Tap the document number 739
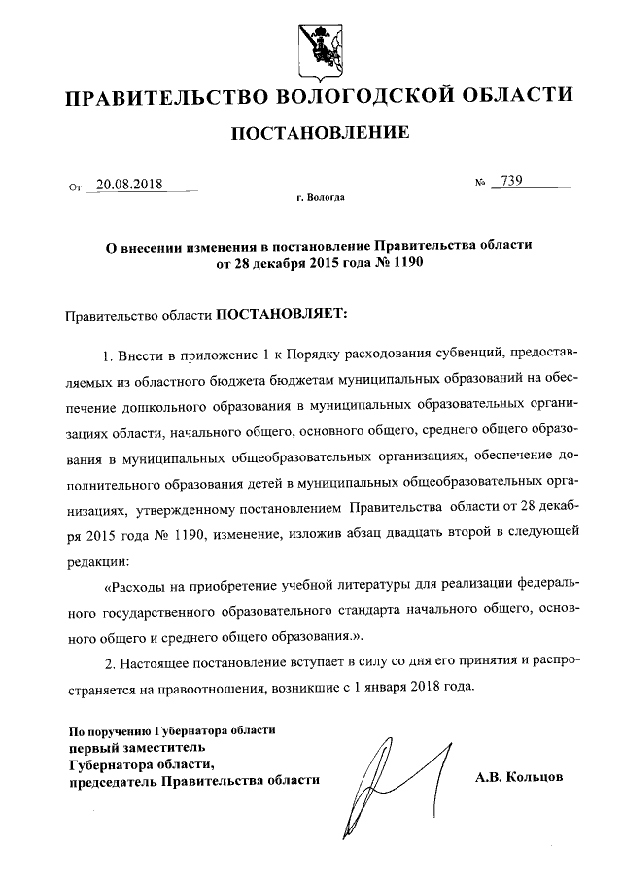click(x=512, y=182)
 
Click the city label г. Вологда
click(x=320, y=198)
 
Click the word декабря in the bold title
click(x=271, y=263)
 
